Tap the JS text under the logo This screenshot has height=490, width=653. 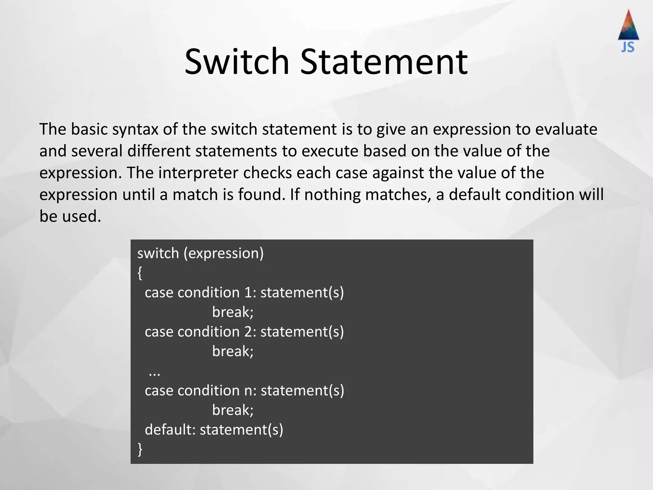[x=627, y=48]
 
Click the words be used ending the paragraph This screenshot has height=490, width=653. [x=70, y=216]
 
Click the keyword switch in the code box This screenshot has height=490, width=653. [x=158, y=253]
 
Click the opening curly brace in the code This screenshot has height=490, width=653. [x=140, y=273]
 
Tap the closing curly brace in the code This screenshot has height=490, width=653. [x=140, y=449]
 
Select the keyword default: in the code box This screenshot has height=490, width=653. [x=170, y=430]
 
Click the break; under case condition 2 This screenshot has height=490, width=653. [x=233, y=351]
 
